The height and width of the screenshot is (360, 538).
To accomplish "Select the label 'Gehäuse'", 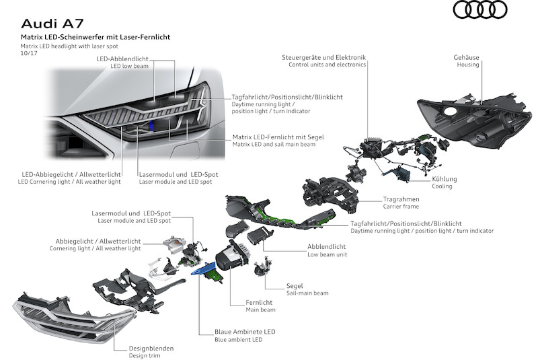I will click(466, 58).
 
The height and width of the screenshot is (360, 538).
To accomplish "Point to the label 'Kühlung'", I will click(445, 179).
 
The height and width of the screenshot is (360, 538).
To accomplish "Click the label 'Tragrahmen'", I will click(401, 199).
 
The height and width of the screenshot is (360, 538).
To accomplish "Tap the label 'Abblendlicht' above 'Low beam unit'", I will click(328, 246).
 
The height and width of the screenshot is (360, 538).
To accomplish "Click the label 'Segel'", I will click(295, 285).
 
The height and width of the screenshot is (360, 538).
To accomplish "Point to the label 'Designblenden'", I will click(151, 349).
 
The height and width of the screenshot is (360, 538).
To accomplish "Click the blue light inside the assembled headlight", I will click(153, 127).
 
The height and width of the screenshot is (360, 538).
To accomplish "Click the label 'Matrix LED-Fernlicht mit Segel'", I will click(277, 137).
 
